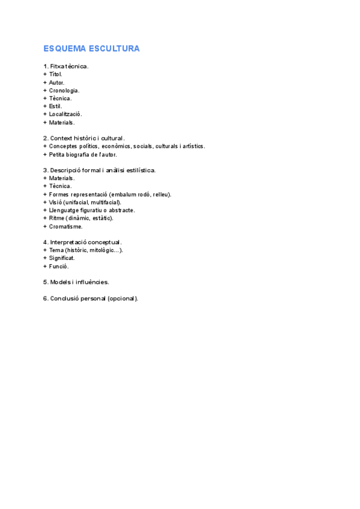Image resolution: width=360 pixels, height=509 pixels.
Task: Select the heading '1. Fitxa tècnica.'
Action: [66, 66]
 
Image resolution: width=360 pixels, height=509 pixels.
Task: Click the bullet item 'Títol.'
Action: [55, 74]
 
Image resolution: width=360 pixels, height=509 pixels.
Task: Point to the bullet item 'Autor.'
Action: [56, 82]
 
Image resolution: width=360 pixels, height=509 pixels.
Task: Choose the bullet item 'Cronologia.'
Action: [64, 91]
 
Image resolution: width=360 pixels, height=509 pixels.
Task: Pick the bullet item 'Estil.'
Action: [55, 106]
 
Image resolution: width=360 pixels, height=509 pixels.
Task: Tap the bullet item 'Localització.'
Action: [65, 114]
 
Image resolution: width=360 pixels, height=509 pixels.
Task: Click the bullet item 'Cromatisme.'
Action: [66, 226]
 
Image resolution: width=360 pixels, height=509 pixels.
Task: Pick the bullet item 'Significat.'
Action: [62, 258]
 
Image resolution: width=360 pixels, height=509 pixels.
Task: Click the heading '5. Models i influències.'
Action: [76, 282]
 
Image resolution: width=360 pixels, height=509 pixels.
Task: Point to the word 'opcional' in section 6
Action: [121, 298]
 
